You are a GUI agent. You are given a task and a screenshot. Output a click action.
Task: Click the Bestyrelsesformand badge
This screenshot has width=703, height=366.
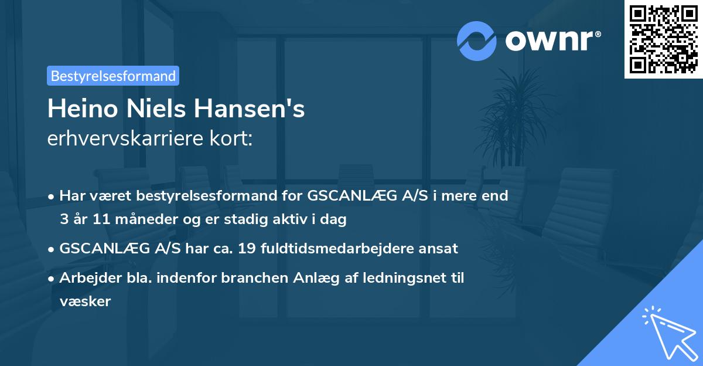113,76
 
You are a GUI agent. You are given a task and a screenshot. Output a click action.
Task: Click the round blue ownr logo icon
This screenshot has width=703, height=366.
477,41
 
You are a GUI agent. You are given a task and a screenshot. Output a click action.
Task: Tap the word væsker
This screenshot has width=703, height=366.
85,301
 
